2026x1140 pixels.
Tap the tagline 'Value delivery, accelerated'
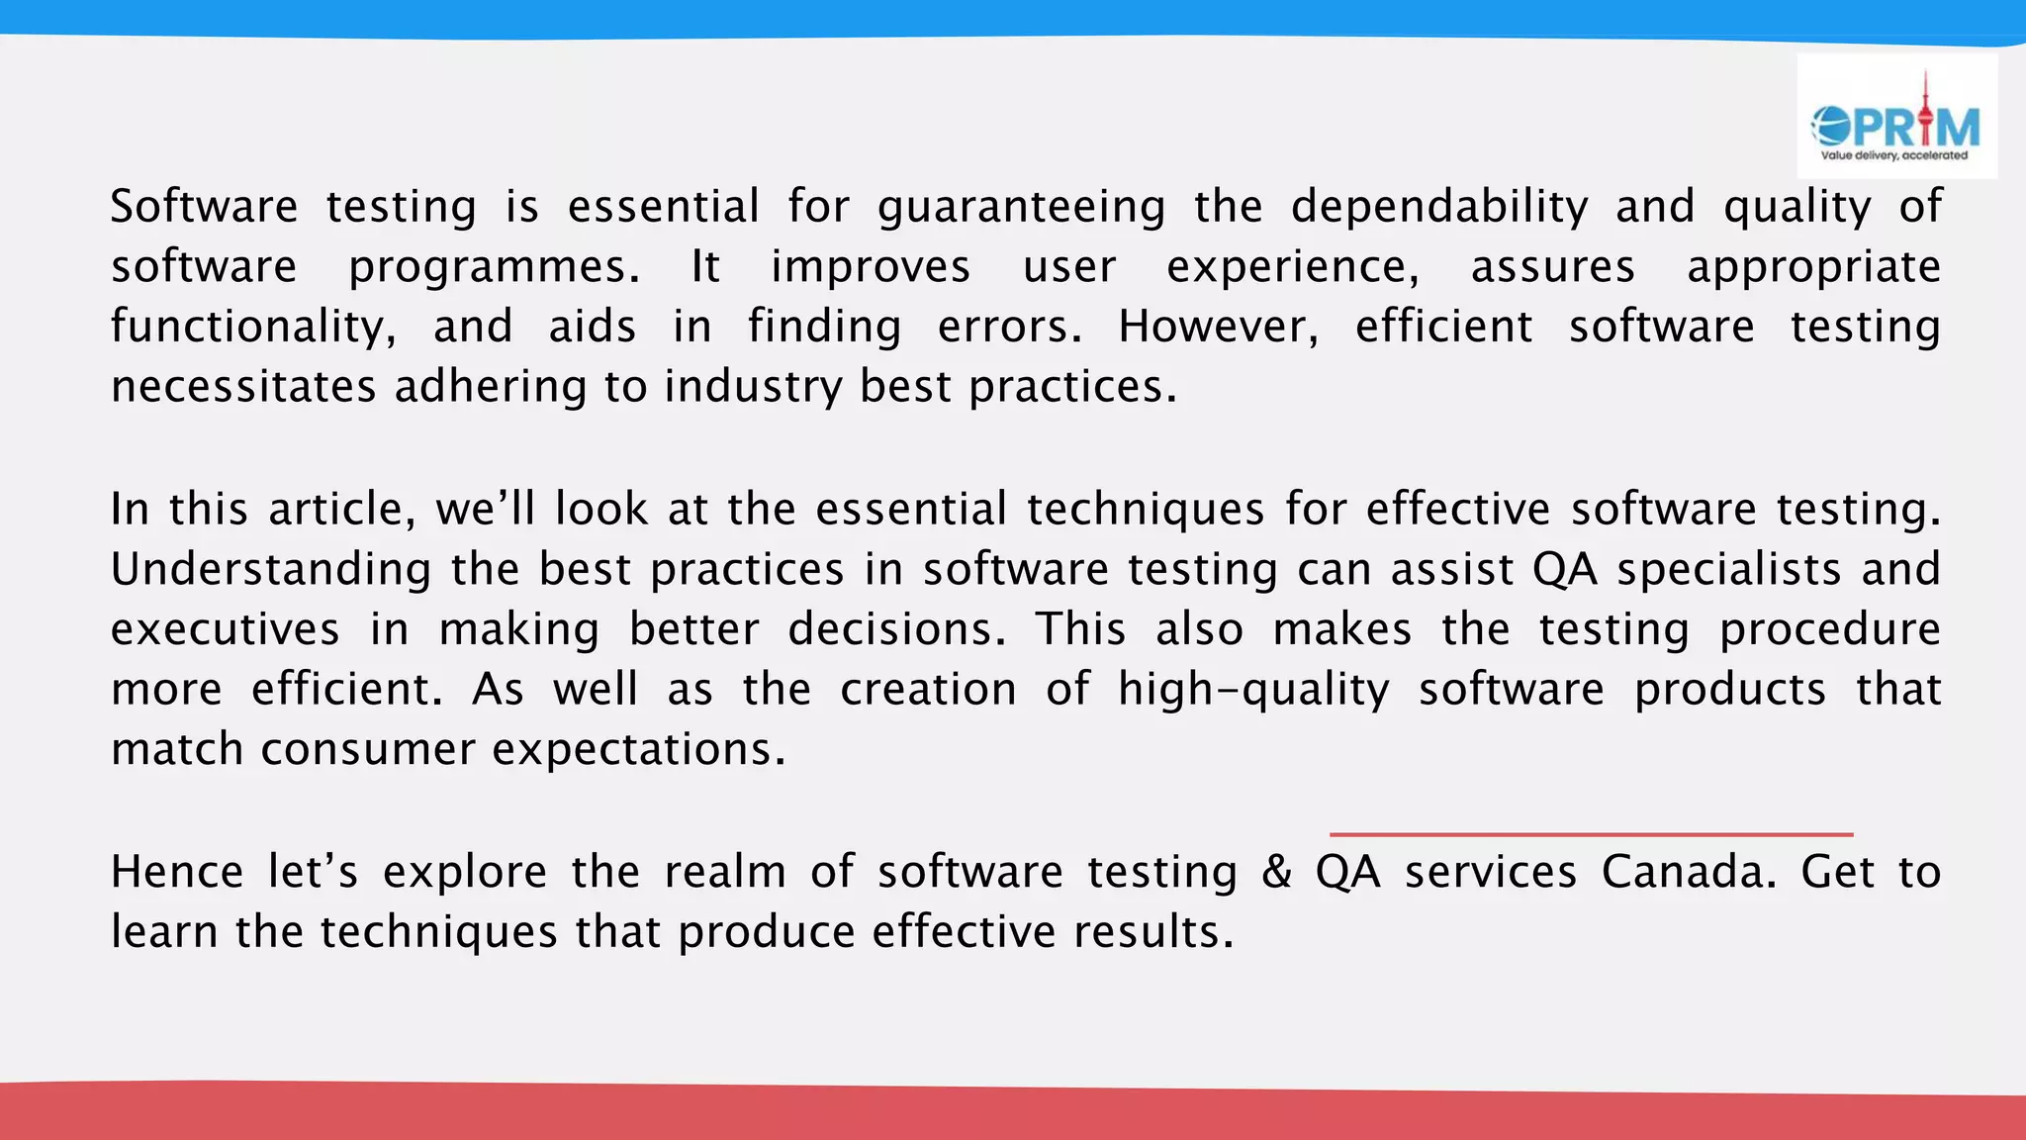click(x=1894, y=155)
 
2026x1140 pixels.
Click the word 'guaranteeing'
click(x=1021, y=208)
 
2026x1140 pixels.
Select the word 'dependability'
click(x=1439, y=208)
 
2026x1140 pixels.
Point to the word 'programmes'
click(x=494, y=268)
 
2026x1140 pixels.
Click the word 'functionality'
click(x=252, y=328)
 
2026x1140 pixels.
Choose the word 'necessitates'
click(x=243, y=387)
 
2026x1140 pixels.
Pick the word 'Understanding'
click(x=271, y=570)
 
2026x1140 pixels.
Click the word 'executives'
click(x=226, y=630)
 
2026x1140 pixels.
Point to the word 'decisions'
click(x=896, y=630)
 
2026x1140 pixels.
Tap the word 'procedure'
click(x=1830, y=630)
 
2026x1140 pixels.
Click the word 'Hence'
click(x=177, y=873)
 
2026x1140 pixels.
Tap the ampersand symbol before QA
click(x=1276, y=873)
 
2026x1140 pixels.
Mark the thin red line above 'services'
click(x=1591, y=834)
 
